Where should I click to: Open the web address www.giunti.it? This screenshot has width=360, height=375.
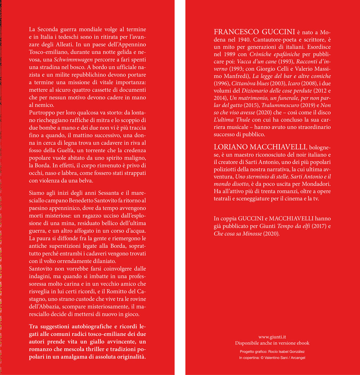(x=272, y=337)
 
